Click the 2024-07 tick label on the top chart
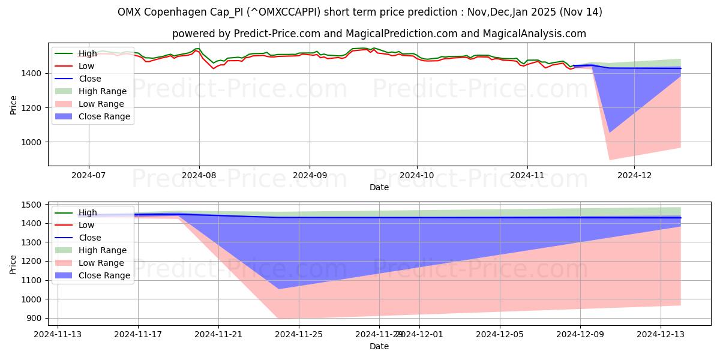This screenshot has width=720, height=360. coord(89,175)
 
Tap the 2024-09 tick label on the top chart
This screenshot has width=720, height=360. coord(310,175)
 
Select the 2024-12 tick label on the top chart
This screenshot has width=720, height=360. coord(634,175)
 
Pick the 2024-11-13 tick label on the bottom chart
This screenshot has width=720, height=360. coord(58,334)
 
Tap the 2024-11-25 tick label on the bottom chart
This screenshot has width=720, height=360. coord(299,334)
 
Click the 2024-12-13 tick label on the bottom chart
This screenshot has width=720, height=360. coord(661,334)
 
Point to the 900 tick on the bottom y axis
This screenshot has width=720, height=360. coord(35,318)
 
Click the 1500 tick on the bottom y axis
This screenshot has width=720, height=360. coord(33,205)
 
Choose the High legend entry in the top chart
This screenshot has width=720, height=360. coord(88,53)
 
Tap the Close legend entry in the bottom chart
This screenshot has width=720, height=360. coord(90,238)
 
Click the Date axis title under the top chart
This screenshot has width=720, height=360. coord(379,187)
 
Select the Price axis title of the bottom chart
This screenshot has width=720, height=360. coord(13,264)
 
